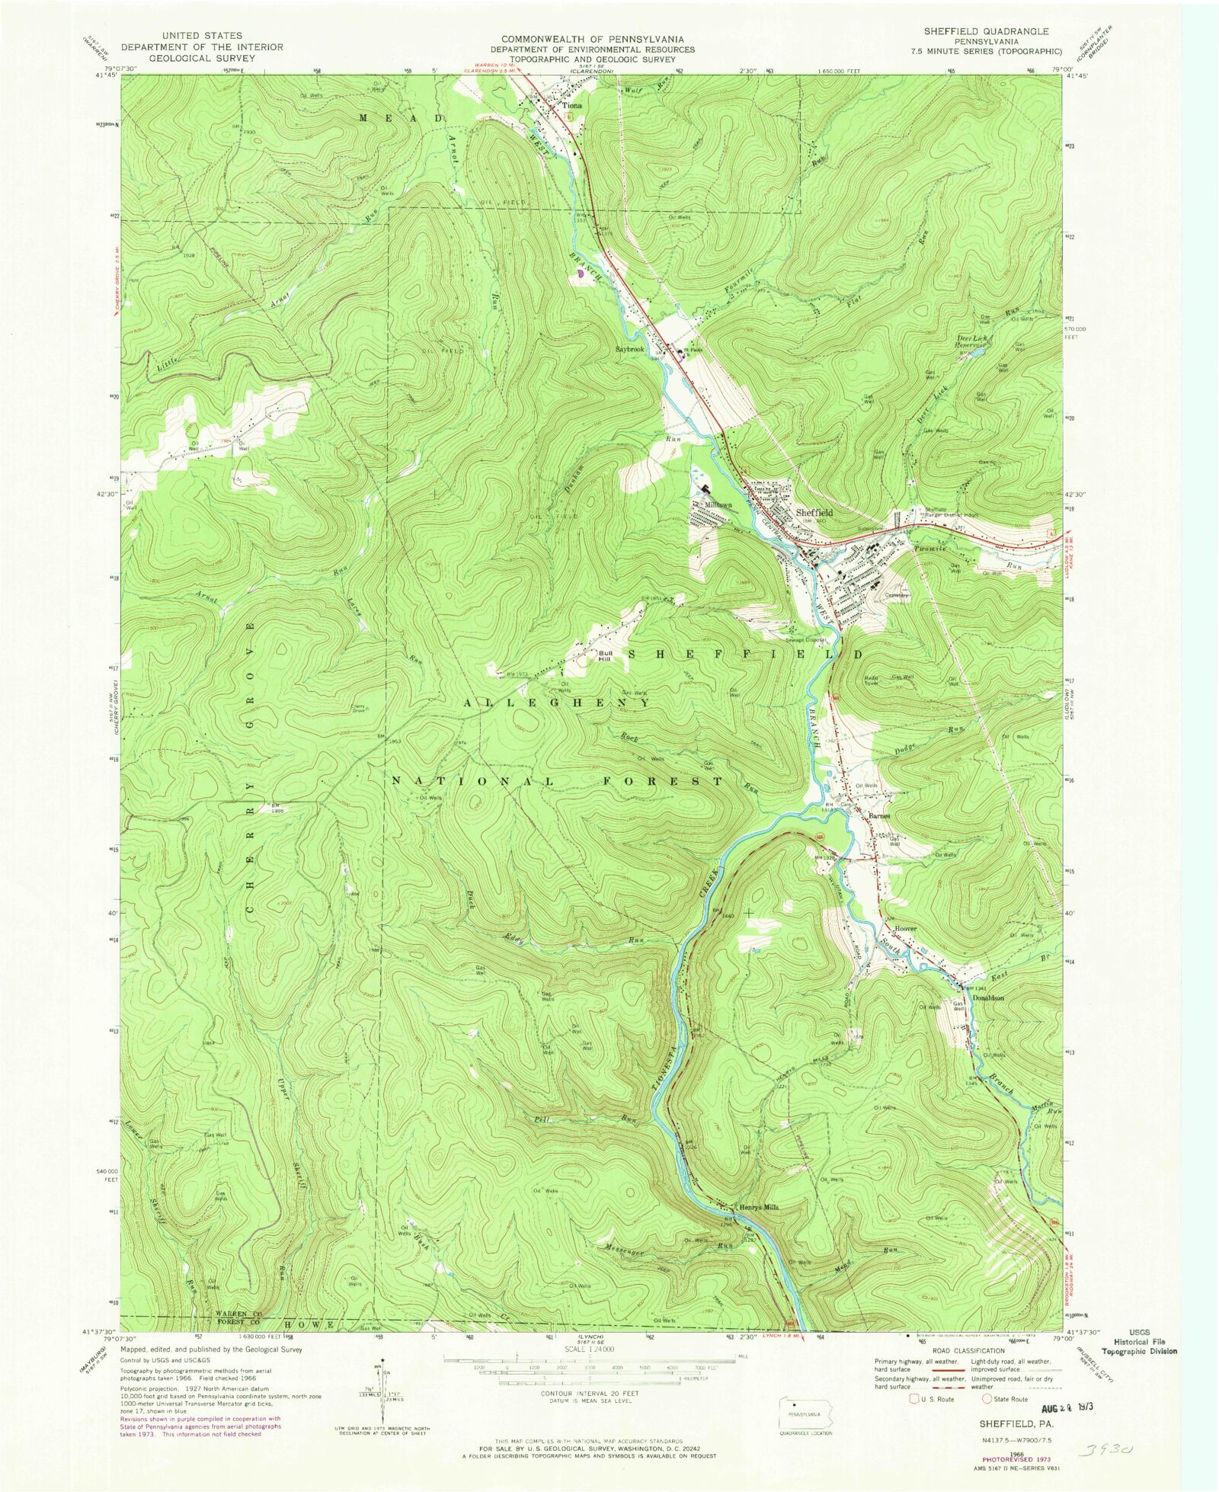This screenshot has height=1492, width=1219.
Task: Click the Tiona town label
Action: tap(571, 106)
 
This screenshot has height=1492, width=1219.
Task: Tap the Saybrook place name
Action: tap(631, 349)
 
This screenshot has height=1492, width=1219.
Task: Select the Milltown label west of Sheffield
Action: tap(718, 505)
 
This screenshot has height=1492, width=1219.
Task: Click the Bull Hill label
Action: tap(606, 655)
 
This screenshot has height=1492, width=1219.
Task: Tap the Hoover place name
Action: tap(905, 929)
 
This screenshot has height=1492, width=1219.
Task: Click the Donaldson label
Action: tap(987, 997)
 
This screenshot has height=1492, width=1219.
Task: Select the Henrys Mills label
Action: tap(758, 1207)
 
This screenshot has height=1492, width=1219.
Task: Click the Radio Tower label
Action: tap(872, 680)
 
